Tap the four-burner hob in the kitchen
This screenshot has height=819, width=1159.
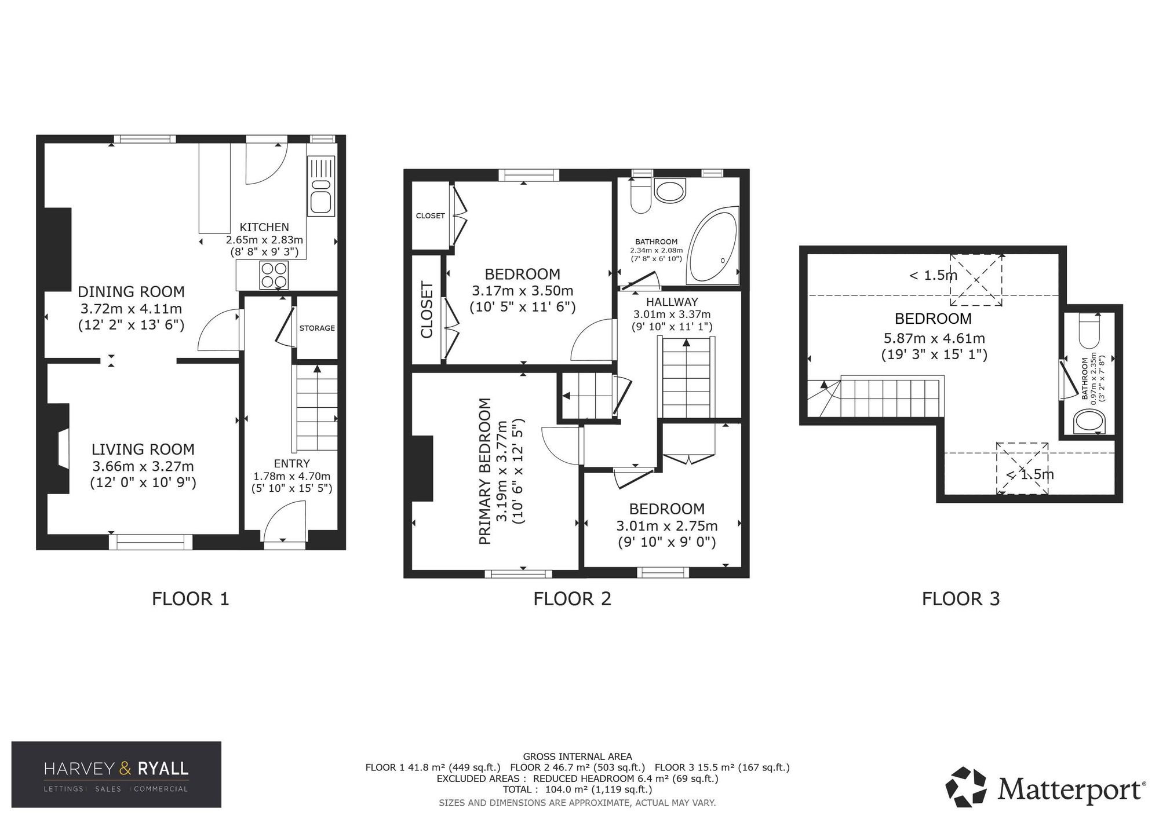[274, 275]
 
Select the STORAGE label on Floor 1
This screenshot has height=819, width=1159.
[317, 328]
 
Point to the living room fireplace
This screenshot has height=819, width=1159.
[60, 449]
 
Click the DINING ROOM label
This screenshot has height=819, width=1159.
[131, 291]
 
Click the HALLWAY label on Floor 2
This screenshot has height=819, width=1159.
[672, 302]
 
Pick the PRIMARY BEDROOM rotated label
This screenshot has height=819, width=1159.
[484, 470]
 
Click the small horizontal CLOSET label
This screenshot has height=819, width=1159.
[430, 215]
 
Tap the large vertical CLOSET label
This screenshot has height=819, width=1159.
[427, 309]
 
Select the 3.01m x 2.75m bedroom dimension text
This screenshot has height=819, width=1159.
[666, 526]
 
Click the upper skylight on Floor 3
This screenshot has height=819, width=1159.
[976, 280]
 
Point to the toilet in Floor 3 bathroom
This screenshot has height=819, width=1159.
[1089, 330]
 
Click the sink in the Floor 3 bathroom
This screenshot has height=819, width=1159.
[1089, 422]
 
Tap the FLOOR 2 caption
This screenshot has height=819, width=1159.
[572, 598]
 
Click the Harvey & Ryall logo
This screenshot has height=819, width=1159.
[116, 774]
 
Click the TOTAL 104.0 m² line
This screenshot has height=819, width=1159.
[577, 789]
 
